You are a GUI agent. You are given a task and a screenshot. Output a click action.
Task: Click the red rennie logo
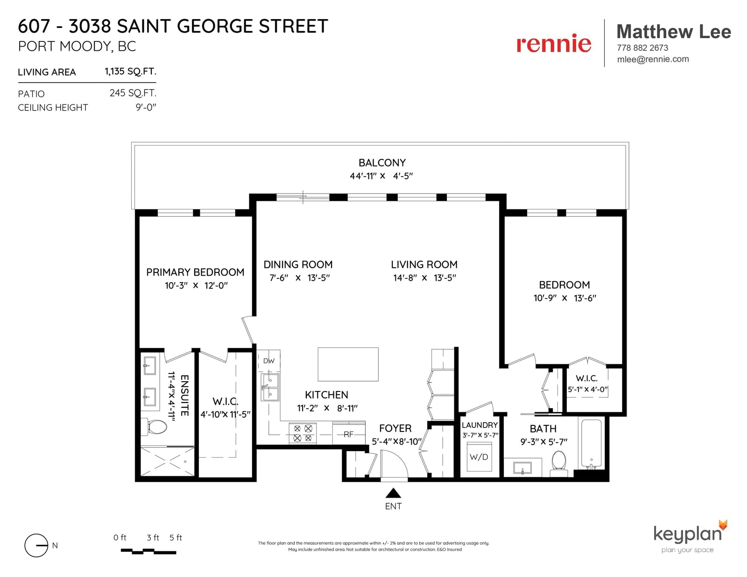click(x=553, y=44)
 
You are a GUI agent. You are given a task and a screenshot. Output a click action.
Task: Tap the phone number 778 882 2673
click(x=642, y=48)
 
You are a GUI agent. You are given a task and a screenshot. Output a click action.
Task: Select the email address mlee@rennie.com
click(x=653, y=59)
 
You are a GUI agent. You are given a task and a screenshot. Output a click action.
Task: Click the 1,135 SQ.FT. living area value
click(x=130, y=71)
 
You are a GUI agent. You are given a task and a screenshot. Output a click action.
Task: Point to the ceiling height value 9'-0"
click(x=146, y=107)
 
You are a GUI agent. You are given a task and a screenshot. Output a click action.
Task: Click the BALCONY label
click(x=382, y=162)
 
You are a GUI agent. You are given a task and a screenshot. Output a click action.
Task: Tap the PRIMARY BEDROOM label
click(x=195, y=272)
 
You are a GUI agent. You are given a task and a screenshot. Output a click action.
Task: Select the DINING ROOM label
click(x=298, y=264)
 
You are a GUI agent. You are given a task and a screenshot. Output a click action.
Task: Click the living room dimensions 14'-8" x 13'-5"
click(x=424, y=278)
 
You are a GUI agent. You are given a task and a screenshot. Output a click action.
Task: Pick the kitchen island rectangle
click(x=348, y=364)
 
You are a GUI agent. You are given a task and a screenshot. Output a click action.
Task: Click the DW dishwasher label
click(x=269, y=361)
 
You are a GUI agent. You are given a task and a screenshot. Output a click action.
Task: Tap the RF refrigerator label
click(x=349, y=434)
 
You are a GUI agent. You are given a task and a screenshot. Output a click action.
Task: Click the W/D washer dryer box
click(x=479, y=457)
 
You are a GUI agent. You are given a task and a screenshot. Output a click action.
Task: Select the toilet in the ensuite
click(x=154, y=426)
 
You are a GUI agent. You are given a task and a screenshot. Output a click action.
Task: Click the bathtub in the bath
click(x=591, y=443)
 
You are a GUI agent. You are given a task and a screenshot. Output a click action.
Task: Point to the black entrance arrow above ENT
click(x=393, y=493)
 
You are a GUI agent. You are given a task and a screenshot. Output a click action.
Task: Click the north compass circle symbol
click(x=36, y=545)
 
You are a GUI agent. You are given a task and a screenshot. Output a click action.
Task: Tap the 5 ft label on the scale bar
click(x=176, y=537)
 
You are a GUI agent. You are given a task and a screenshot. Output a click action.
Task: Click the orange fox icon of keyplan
click(x=723, y=525)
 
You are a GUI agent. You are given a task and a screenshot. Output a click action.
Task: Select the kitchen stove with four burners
click(x=303, y=433)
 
